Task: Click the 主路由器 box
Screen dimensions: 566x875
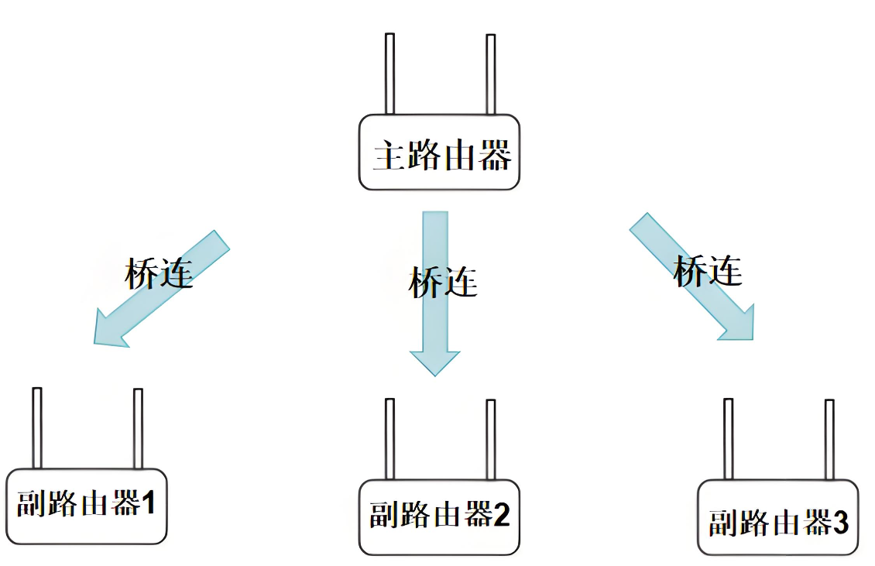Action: click(x=439, y=153)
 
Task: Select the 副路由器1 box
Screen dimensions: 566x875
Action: click(x=86, y=506)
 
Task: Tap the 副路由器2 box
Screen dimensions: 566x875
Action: click(x=439, y=516)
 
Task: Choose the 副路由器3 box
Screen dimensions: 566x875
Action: click(x=777, y=516)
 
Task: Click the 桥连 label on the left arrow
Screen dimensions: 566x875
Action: click(x=158, y=273)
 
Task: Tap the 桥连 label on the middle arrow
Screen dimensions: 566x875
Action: click(x=442, y=282)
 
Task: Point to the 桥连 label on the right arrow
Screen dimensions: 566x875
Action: click(x=708, y=270)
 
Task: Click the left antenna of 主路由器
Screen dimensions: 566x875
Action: click(x=389, y=74)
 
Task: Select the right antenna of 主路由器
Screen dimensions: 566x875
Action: click(x=490, y=74)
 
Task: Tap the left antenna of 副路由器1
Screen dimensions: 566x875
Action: click(x=36, y=428)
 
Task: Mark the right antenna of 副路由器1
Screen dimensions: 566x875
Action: click(x=138, y=428)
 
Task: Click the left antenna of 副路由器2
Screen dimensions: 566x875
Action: click(x=389, y=439)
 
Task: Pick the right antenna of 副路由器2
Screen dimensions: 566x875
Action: click(x=490, y=439)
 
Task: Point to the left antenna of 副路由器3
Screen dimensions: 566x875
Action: click(x=728, y=439)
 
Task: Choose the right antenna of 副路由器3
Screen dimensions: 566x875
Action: click(x=829, y=439)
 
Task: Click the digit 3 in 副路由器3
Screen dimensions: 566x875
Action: click(x=840, y=523)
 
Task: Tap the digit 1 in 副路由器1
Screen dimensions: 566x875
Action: click(x=148, y=505)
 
